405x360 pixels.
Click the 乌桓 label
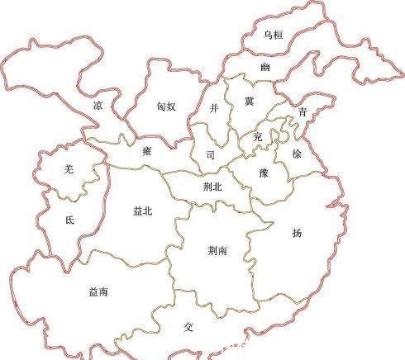[x=273, y=35]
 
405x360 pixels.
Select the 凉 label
[x=98, y=106]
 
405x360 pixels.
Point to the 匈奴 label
[x=165, y=107]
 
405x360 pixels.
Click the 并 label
[x=214, y=107]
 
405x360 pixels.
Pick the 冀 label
[x=249, y=101]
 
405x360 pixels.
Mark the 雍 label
[x=146, y=151]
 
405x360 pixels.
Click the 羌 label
[x=69, y=169]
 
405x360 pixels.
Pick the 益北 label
[x=142, y=211]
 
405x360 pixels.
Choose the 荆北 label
[x=213, y=187]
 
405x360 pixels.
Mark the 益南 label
[x=98, y=291]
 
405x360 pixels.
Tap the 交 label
[x=188, y=326]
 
